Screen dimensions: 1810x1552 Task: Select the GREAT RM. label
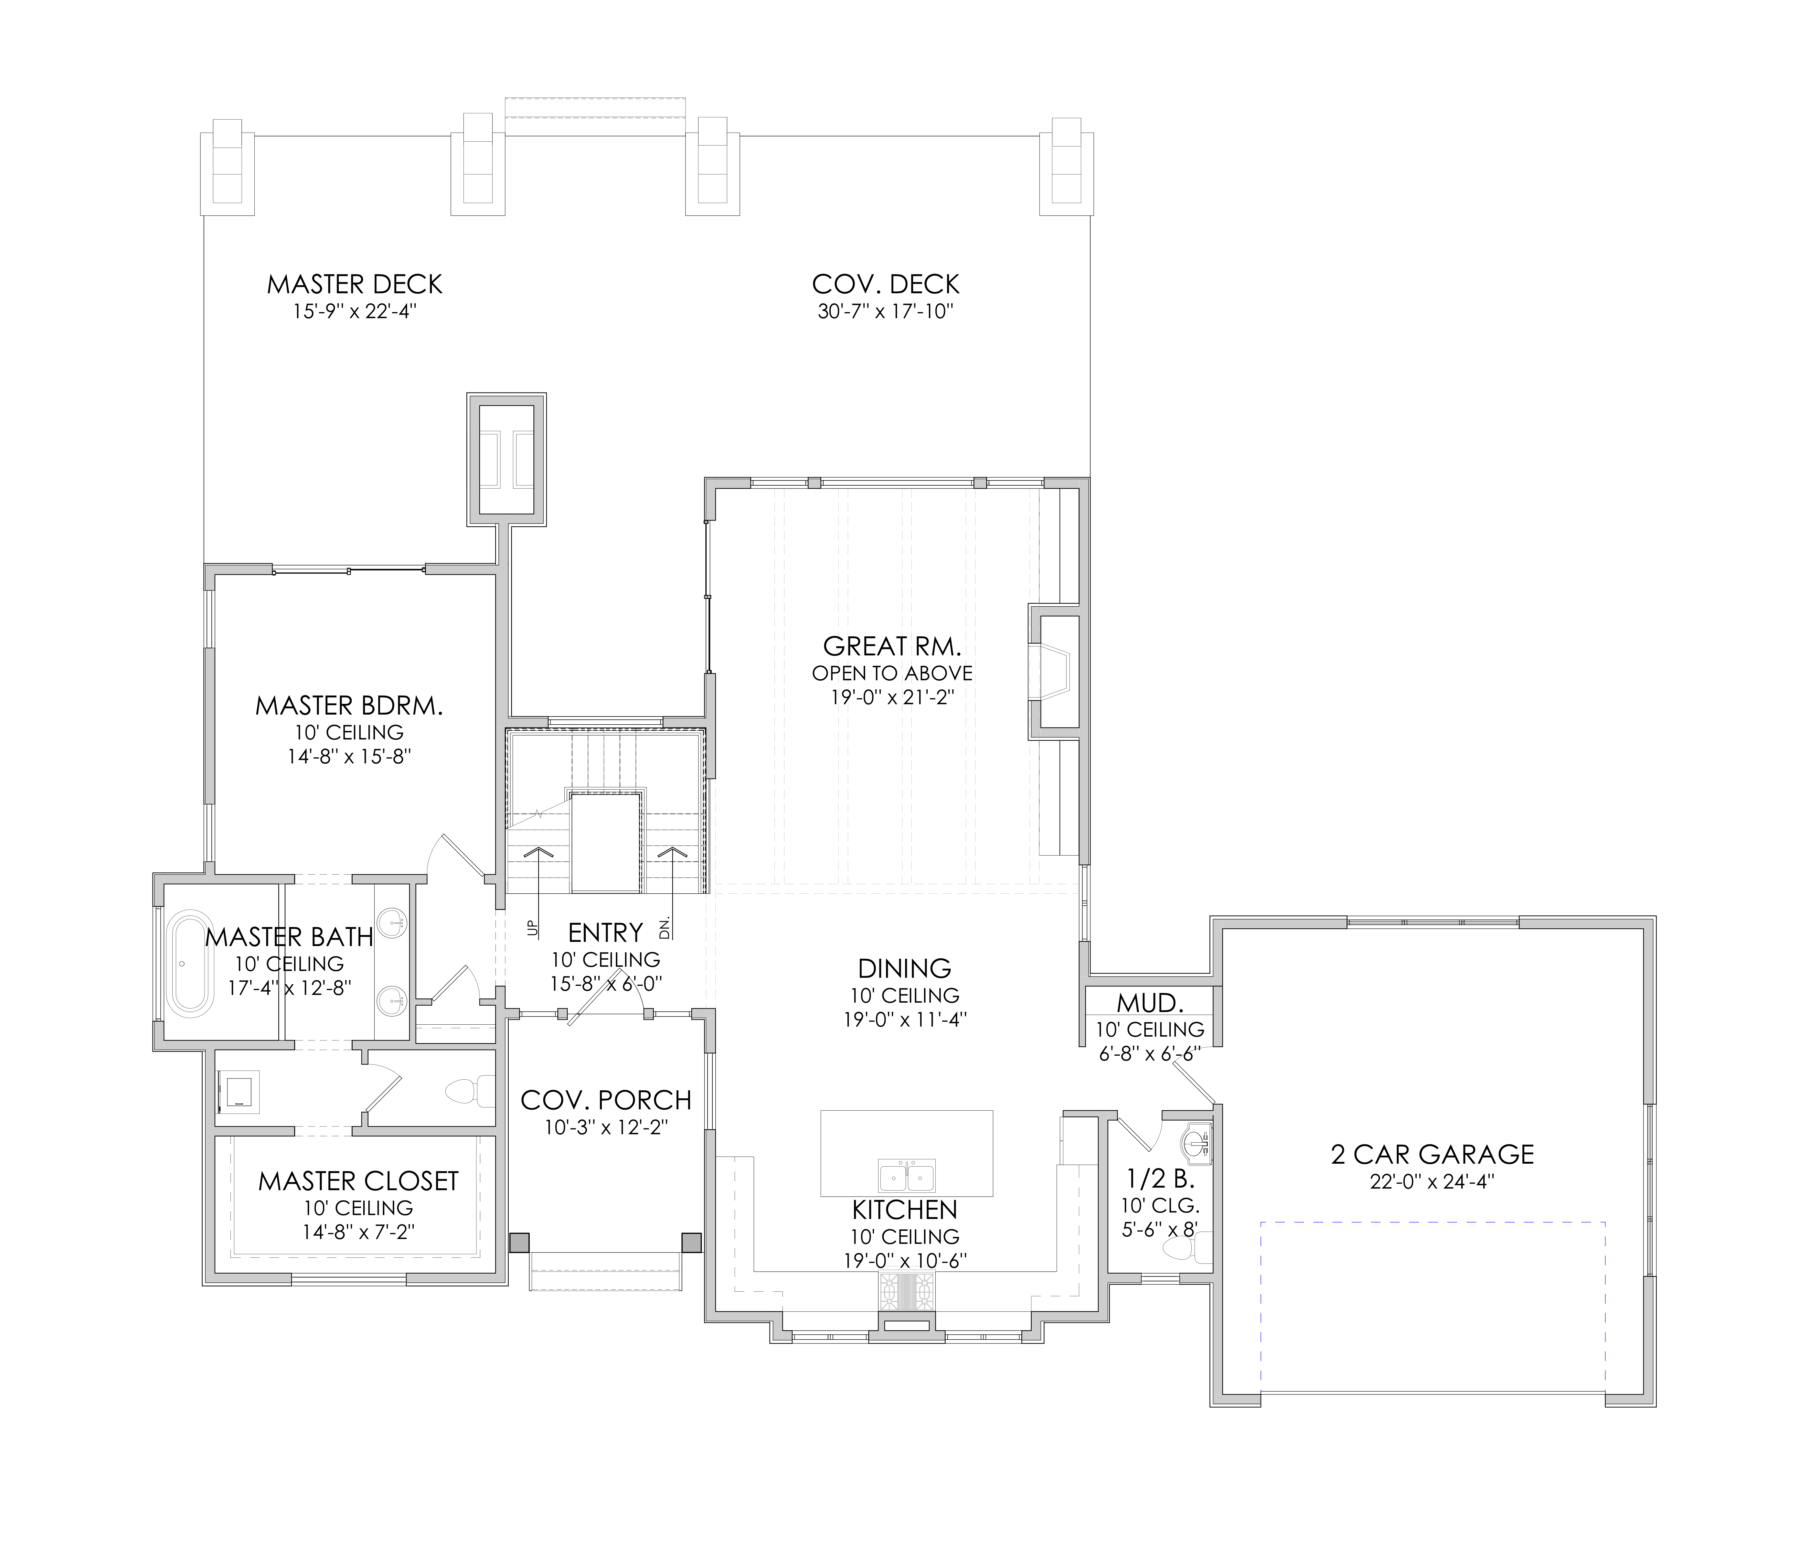[x=892, y=647]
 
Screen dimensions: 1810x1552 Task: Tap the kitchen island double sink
[x=907, y=1176]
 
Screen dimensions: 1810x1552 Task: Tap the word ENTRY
[x=605, y=932]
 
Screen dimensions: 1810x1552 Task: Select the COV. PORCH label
[x=606, y=1100]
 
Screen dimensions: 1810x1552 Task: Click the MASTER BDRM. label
[x=349, y=705]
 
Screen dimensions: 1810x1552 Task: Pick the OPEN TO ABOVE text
[x=892, y=673]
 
